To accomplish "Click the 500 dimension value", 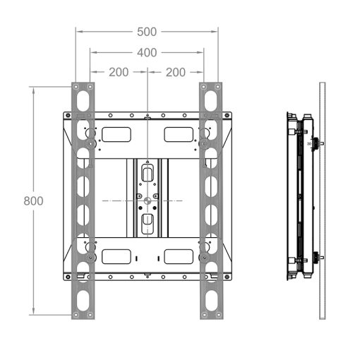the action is (x=147, y=32).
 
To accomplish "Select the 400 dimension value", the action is (x=147, y=53).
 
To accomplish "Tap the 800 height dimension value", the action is (x=33, y=201).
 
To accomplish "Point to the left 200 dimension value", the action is (x=119, y=72).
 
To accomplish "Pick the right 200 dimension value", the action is (x=176, y=72).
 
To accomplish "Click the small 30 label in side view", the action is (x=309, y=143).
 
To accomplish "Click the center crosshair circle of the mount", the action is (x=148, y=200).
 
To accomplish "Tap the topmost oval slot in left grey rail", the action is (x=83, y=101).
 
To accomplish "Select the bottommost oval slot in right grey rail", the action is (x=211, y=301).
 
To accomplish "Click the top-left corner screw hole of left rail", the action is (x=76, y=87).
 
